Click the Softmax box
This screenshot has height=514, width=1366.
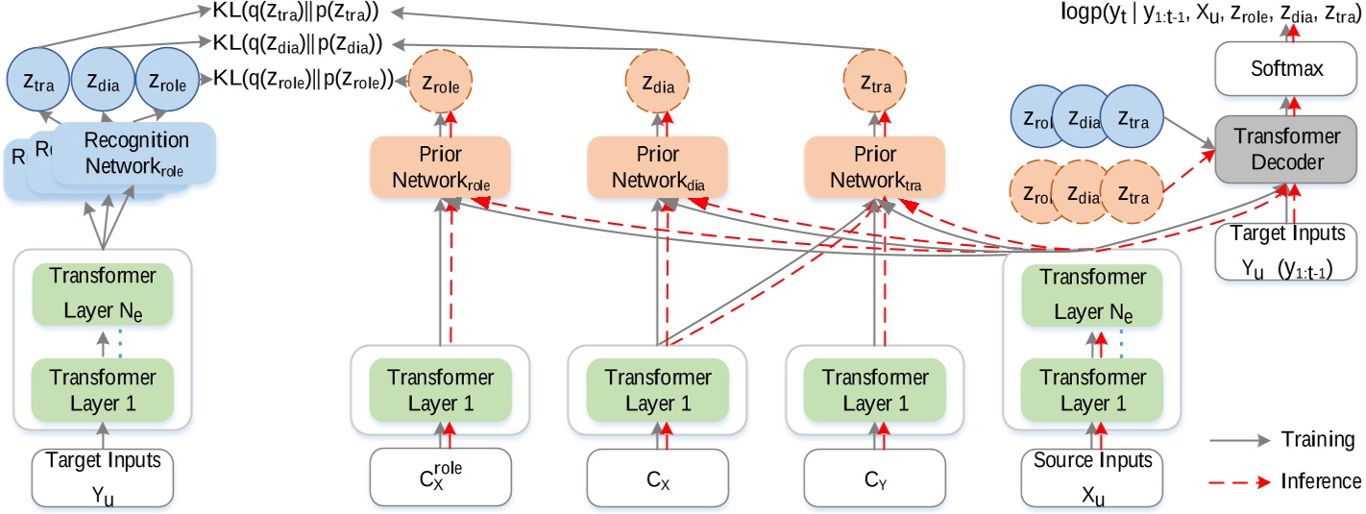coord(1285,70)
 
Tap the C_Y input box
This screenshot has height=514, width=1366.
coord(873,477)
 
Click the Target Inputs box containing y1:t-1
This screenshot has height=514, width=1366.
coord(1285,251)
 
